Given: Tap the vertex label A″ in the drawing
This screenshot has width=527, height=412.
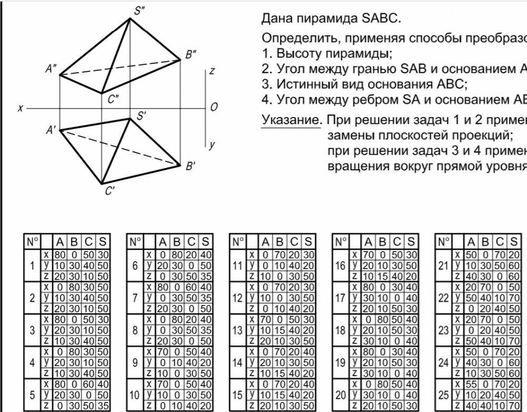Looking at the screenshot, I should click(x=52, y=69).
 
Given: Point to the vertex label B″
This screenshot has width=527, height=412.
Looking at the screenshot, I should click(x=190, y=53).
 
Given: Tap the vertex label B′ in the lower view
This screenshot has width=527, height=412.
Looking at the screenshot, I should click(x=190, y=167).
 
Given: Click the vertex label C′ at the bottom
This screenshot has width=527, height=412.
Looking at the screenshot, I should click(x=110, y=192).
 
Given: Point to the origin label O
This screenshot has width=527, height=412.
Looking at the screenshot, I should click(x=213, y=108).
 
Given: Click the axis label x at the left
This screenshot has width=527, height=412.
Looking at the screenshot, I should click(x=20, y=108).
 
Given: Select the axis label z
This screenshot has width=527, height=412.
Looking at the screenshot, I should click(x=211, y=71).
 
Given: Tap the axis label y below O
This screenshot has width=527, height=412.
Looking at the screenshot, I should click(x=211, y=143).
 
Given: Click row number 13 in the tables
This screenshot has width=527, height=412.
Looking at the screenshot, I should click(x=238, y=331).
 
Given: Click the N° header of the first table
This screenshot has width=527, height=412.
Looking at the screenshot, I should click(x=33, y=242).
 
